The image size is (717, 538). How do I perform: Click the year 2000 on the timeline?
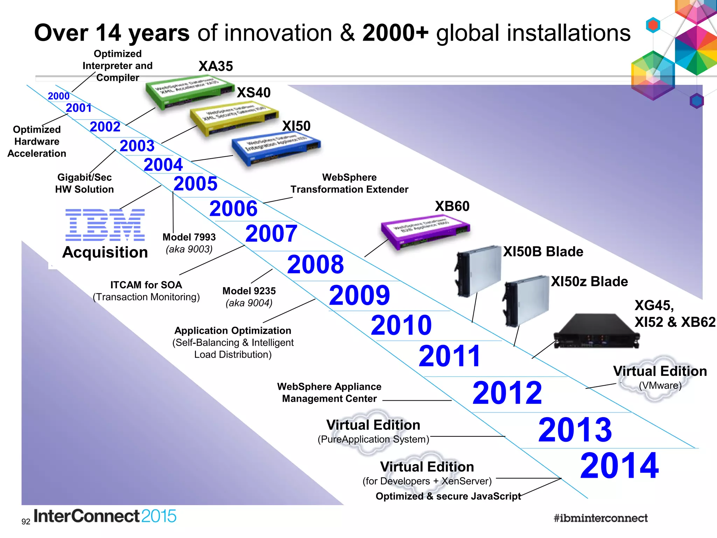(x=58, y=96)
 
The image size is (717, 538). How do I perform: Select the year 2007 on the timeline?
(x=271, y=234)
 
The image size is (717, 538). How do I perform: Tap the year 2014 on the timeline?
(x=619, y=465)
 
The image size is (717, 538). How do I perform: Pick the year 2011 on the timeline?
(x=450, y=356)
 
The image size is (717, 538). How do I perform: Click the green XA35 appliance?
(x=189, y=92)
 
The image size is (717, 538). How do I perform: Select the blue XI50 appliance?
(x=276, y=149)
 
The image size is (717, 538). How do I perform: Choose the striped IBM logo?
(x=105, y=225)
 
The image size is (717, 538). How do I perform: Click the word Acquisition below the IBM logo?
(x=105, y=253)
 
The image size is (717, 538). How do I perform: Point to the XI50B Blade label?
(x=543, y=252)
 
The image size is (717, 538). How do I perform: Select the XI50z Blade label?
(x=589, y=282)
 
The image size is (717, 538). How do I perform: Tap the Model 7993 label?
(x=189, y=237)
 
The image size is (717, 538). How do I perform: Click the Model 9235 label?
(x=249, y=291)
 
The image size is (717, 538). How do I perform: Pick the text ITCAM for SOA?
(x=146, y=285)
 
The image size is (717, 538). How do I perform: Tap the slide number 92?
(x=26, y=522)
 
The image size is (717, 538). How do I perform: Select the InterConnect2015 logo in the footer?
(x=105, y=516)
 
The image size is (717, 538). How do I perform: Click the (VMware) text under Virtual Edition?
(x=660, y=386)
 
